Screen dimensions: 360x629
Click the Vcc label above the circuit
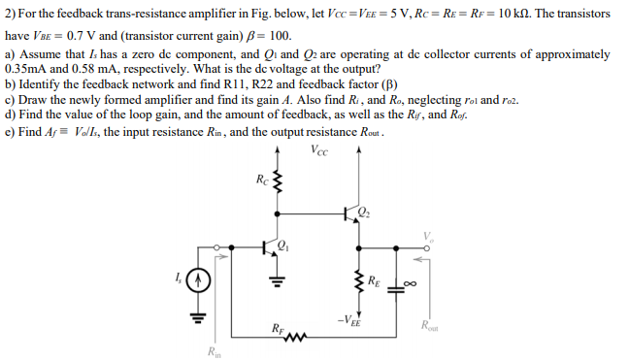[319, 148]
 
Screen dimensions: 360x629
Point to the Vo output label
[425, 235]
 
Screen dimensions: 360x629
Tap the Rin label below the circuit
[214, 351]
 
